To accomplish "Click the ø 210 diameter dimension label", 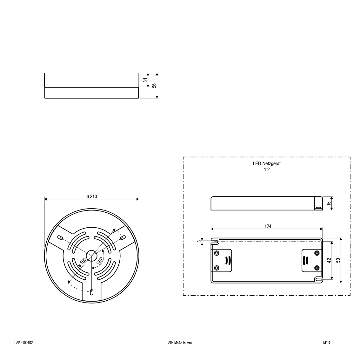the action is point(92,197).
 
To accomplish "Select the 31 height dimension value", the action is point(145,80).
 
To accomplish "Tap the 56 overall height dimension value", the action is point(154,85).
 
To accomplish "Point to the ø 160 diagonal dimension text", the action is point(82,262).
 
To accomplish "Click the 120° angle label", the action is point(100,261).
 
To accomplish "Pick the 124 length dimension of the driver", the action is point(268,226).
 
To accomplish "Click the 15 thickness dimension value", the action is point(329,203).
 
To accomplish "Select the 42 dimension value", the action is point(329,260).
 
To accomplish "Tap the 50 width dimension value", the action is point(338,260).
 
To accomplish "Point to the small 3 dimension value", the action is point(199,241).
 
